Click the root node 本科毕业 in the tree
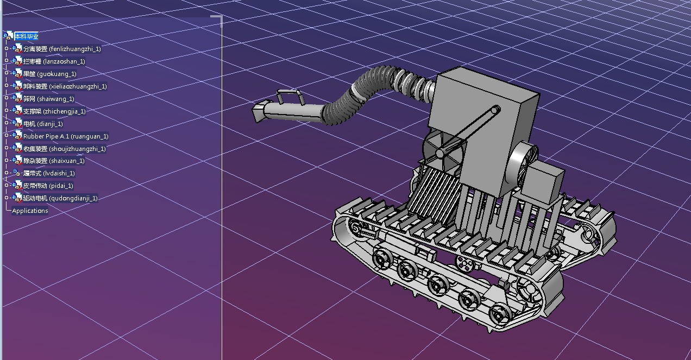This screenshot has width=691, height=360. (x=27, y=36)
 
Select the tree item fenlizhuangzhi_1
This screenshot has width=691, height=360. (x=62, y=49)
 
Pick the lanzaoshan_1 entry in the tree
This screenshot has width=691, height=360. (x=54, y=61)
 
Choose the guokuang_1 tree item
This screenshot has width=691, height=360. (x=49, y=74)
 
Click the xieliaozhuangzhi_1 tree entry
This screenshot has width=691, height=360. (x=65, y=86)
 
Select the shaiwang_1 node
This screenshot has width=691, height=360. (x=49, y=99)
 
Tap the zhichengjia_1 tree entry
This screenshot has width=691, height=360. (x=54, y=111)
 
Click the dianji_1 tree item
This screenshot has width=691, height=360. (x=43, y=124)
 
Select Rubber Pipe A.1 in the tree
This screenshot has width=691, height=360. (x=66, y=136)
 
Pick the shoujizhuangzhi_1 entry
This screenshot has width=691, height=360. (x=65, y=149)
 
